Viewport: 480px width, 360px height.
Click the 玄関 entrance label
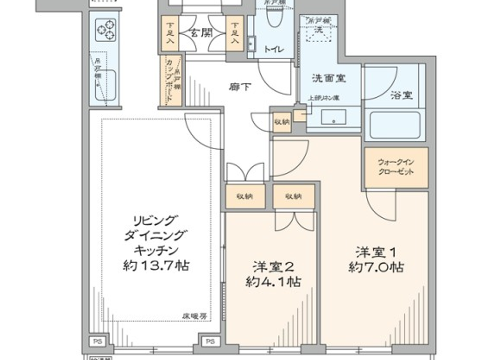pyautogui.click(x=202, y=33)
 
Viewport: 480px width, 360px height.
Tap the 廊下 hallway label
pyautogui.click(x=240, y=87)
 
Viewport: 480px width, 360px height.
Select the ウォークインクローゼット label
pyautogui.click(x=396, y=167)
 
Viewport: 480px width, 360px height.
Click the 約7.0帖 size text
pyautogui.click(x=376, y=267)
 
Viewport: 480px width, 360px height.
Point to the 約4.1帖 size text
pyautogui.click(x=274, y=282)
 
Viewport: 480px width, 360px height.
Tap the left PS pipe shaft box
pyautogui.click(x=98, y=341)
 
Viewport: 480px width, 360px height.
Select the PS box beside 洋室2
pyautogui.click(x=210, y=341)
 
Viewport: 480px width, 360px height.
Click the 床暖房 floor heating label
pyautogui.click(x=195, y=316)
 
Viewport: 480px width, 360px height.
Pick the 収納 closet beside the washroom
pyautogui.click(x=282, y=122)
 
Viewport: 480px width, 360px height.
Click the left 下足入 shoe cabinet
pyautogui.click(x=170, y=33)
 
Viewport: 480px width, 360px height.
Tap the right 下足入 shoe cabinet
pyautogui.click(x=235, y=33)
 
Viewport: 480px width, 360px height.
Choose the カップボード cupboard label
pyautogui.click(x=169, y=81)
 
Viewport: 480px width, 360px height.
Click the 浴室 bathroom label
pyautogui.click(x=401, y=95)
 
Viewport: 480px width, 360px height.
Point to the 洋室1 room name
pyautogui.click(x=376, y=253)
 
